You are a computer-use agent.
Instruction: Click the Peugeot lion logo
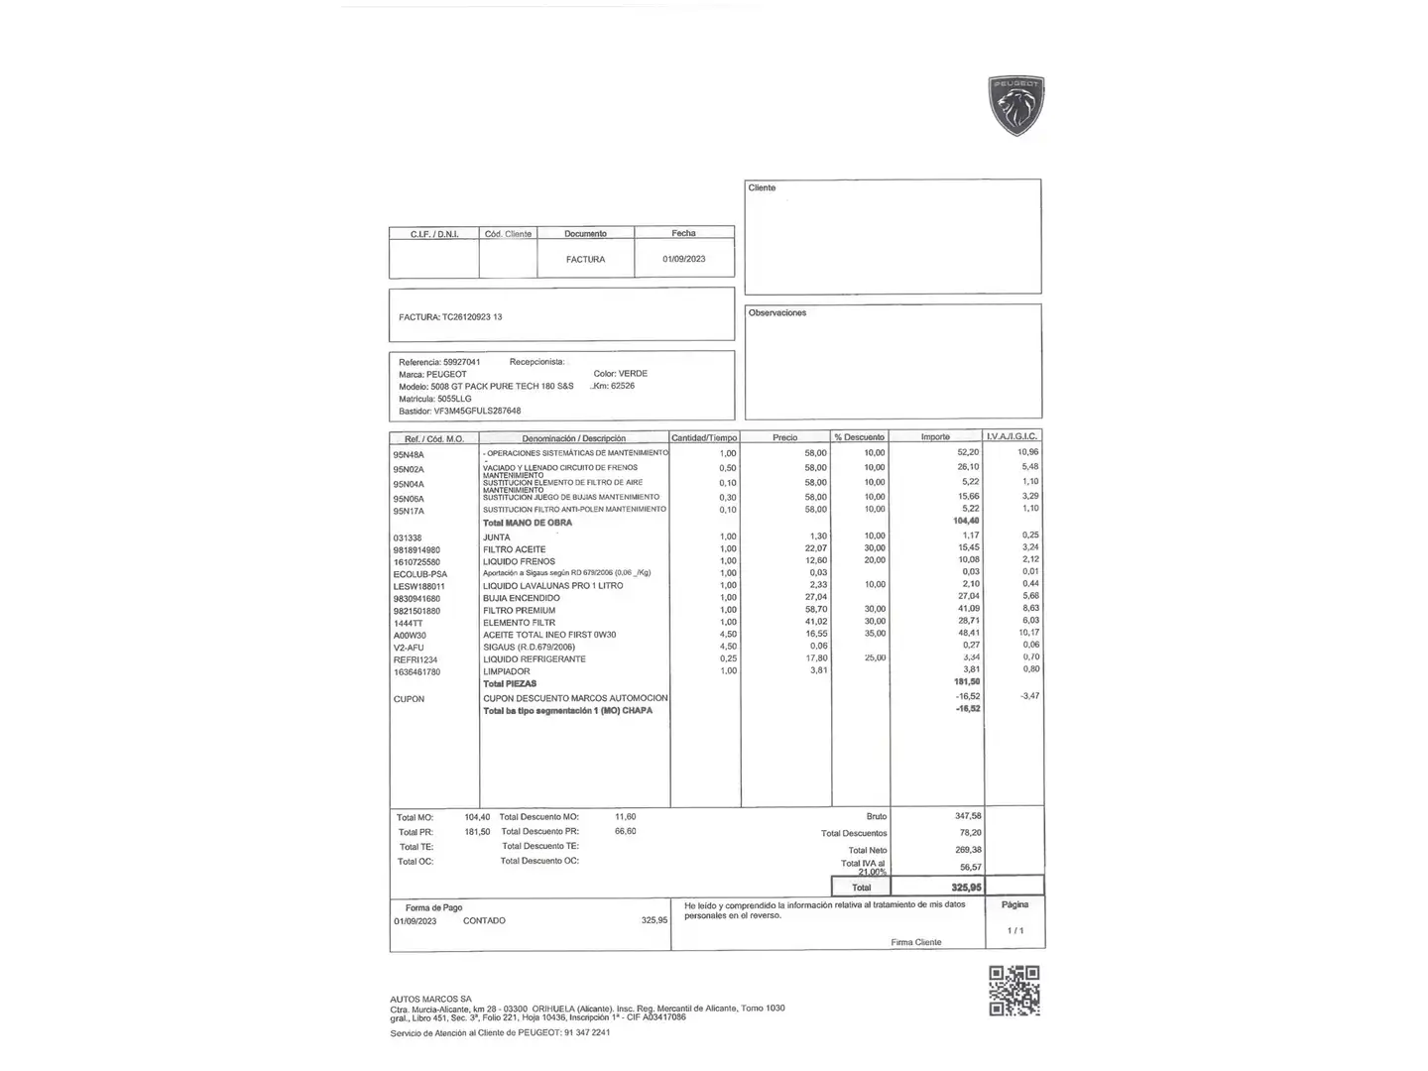1016,105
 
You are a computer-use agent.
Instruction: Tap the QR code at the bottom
1013,991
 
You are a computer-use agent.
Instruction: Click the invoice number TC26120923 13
471,317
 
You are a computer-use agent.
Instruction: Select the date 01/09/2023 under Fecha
684,259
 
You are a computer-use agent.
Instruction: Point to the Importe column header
935,437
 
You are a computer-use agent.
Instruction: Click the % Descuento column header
859,437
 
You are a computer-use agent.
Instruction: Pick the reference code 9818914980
416,549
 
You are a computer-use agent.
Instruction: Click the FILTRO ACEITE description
514,549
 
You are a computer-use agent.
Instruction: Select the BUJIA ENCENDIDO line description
521,598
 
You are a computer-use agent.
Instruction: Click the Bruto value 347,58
968,816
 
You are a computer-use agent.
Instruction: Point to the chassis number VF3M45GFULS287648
477,411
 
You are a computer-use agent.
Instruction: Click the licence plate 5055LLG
454,399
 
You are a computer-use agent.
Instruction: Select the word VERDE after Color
633,374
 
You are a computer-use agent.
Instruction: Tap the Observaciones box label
777,313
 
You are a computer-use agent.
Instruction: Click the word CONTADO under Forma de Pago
484,921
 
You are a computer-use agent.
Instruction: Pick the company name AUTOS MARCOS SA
430,999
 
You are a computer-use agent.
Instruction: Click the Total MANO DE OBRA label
527,523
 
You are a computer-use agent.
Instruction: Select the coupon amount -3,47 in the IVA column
1029,696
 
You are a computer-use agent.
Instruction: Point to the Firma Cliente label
915,942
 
